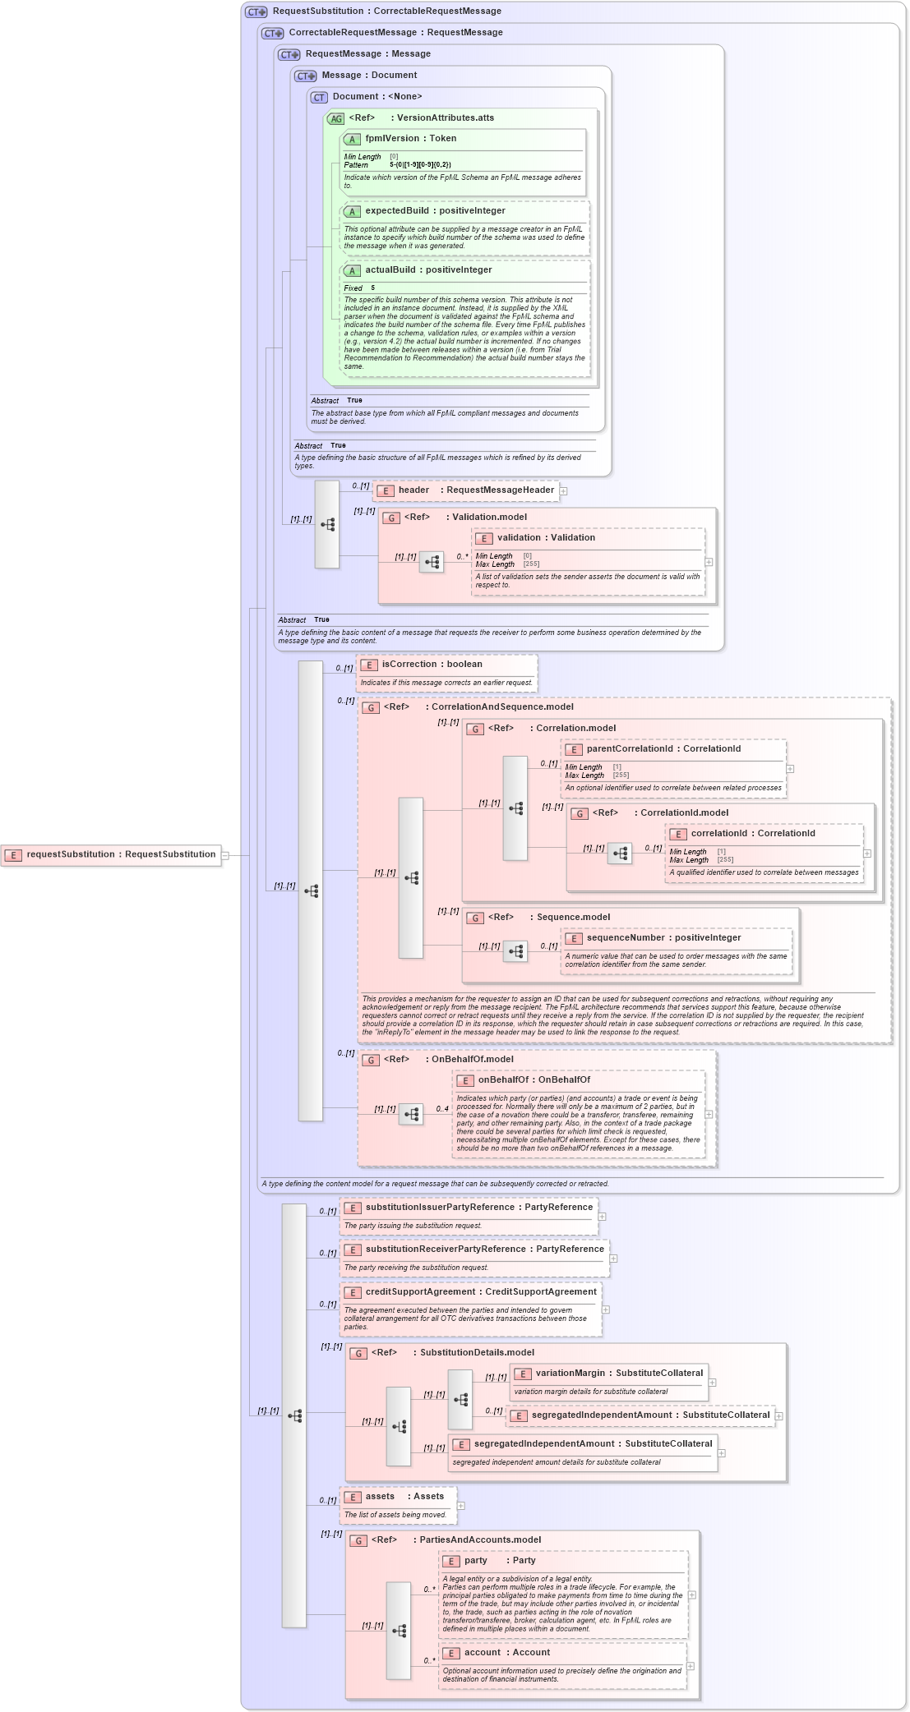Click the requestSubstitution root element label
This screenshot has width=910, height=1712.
point(121,854)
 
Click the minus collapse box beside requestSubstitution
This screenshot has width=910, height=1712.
point(224,855)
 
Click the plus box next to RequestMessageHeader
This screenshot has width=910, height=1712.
point(563,491)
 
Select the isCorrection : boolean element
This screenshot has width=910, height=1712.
point(432,665)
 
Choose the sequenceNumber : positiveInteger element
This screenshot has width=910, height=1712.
point(663,938)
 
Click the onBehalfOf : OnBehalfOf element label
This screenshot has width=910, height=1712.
point(534,1080)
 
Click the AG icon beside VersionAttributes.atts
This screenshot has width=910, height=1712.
point(335,119)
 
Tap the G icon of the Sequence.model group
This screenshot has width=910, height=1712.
point(475,918)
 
